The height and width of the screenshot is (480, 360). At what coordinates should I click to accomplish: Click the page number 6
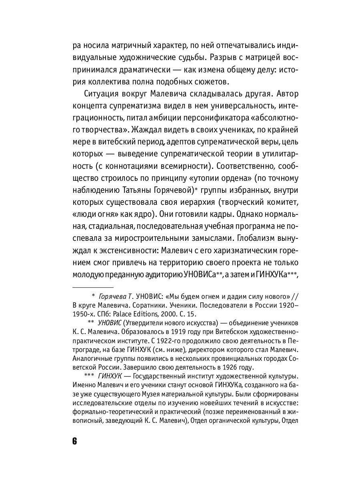74,442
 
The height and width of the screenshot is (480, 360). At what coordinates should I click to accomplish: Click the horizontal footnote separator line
93,286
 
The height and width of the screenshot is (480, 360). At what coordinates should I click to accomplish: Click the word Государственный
163,377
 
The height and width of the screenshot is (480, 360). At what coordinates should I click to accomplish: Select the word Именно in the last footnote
86,386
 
